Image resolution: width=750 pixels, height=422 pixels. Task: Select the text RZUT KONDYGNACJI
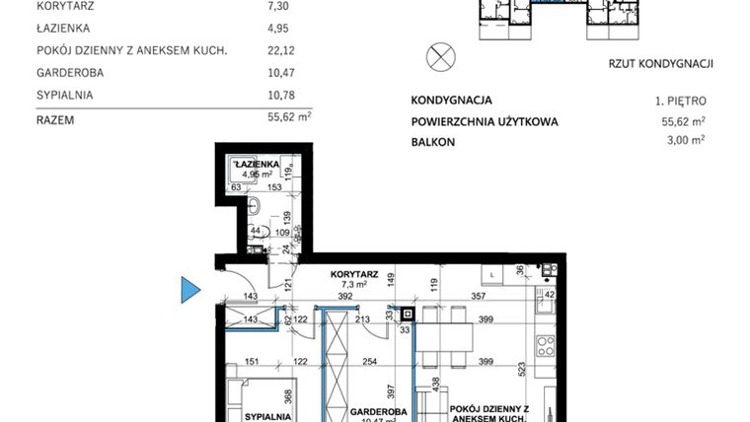coord(661,64)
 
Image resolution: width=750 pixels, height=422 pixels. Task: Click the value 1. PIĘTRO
coord(680,101)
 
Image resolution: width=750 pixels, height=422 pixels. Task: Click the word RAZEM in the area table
coord(55,119)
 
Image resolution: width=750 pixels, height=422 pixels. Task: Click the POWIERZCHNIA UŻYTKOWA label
coord(485,122)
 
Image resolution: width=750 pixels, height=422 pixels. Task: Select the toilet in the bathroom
coord(255,206)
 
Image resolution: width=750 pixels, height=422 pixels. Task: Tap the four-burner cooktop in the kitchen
coord(544,346)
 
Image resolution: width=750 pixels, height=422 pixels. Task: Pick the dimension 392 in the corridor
coord(345,295)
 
